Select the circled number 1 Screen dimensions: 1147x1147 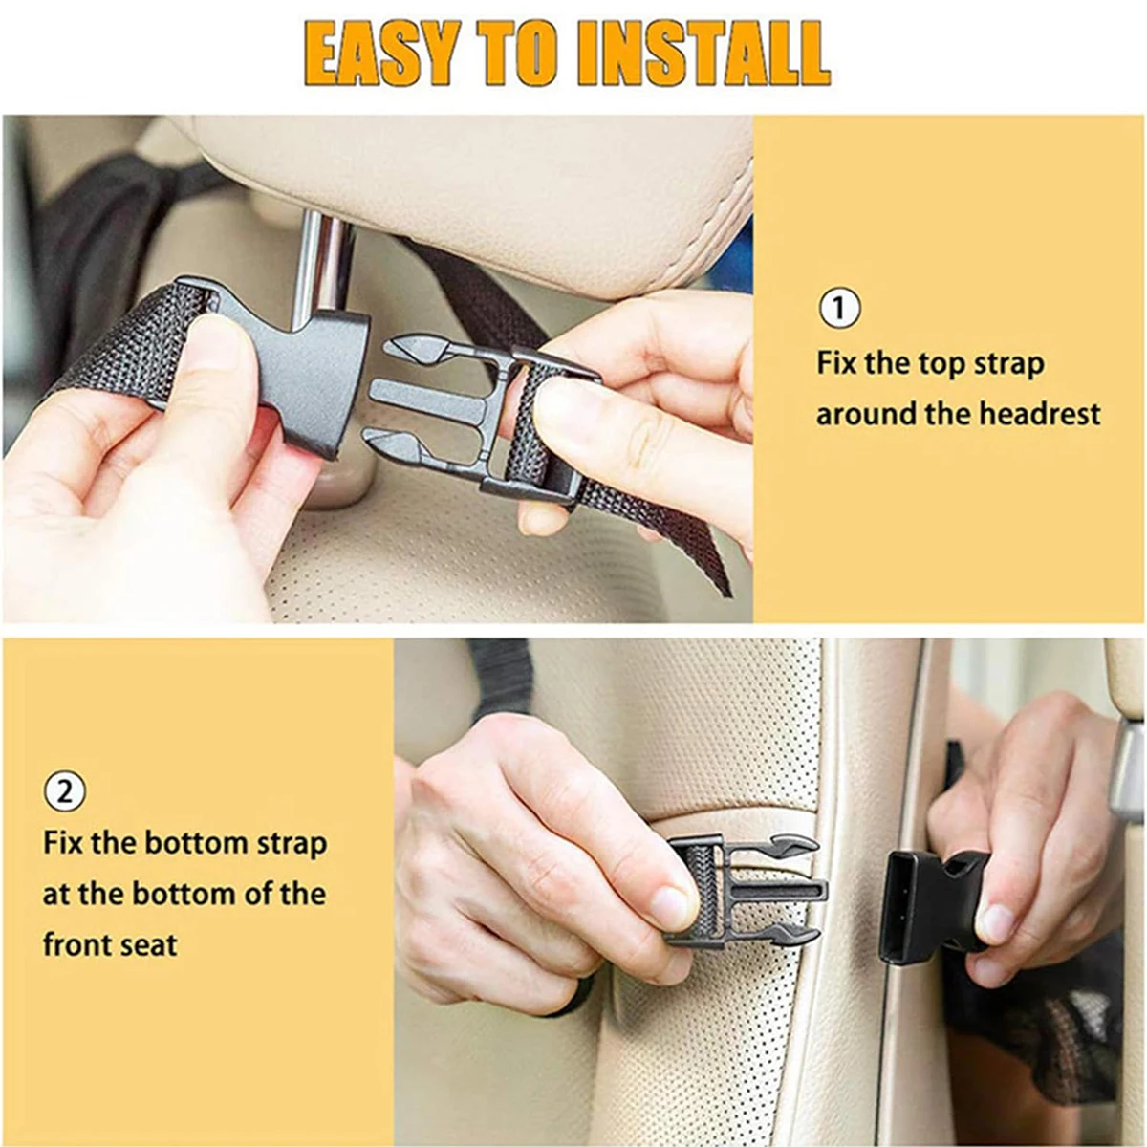click(839, 308)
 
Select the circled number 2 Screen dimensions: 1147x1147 click(64, 791)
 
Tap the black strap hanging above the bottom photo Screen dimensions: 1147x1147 click(501, 674)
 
